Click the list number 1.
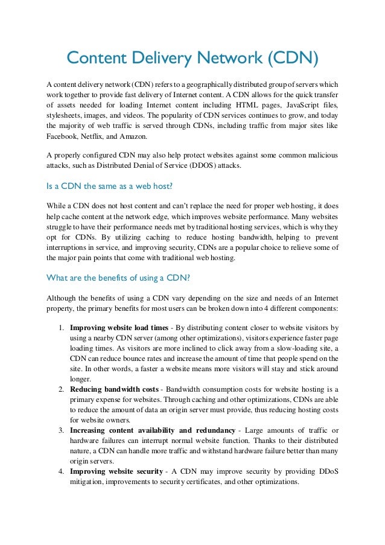(62, 328)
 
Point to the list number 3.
(62, 430)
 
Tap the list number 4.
(62, 471)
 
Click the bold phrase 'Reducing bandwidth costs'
(115, 389)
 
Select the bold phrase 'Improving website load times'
(119, 328)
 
